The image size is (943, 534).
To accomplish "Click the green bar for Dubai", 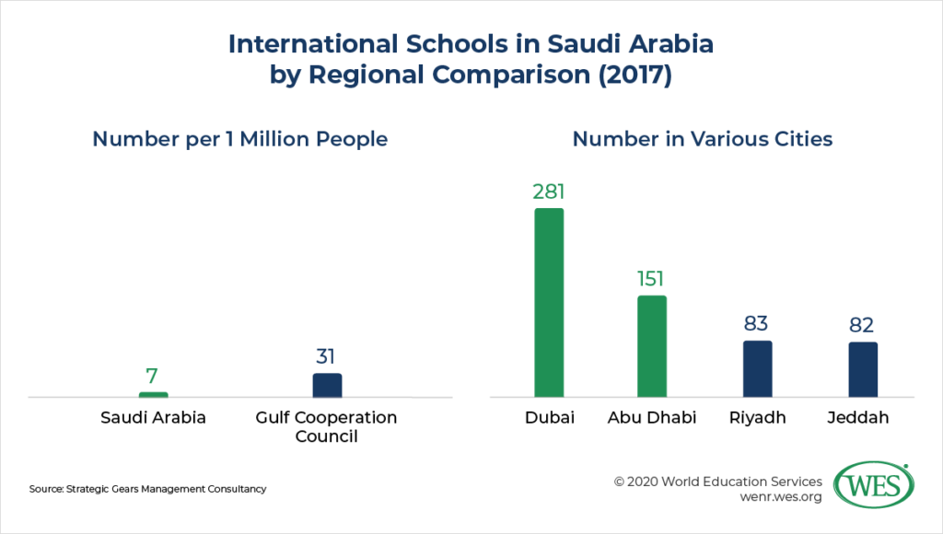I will pos(549,303).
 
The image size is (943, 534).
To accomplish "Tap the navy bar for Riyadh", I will pos(758,369).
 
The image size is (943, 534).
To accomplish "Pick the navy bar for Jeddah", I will pos(863,370).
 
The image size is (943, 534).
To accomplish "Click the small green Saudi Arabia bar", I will pos(154,395).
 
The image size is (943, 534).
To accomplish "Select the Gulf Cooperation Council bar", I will pos(327,386).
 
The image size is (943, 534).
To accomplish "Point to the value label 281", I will pos(549,192).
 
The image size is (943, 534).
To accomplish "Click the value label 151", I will pos(652,279).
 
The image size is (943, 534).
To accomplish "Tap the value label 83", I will pos(758,324).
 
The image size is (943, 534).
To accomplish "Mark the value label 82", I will pos(863,325).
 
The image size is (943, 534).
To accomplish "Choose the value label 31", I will pos(327,356).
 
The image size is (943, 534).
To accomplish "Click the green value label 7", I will pos(154,377).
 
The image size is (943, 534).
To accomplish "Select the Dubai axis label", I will pos(549,418).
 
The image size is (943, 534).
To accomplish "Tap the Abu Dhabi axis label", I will pos(652,418).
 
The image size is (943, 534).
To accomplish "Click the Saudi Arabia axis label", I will pos(154,418).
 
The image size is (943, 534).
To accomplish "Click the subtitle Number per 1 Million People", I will pos(239,139).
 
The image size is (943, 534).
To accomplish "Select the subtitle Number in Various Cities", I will pos(703,139).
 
